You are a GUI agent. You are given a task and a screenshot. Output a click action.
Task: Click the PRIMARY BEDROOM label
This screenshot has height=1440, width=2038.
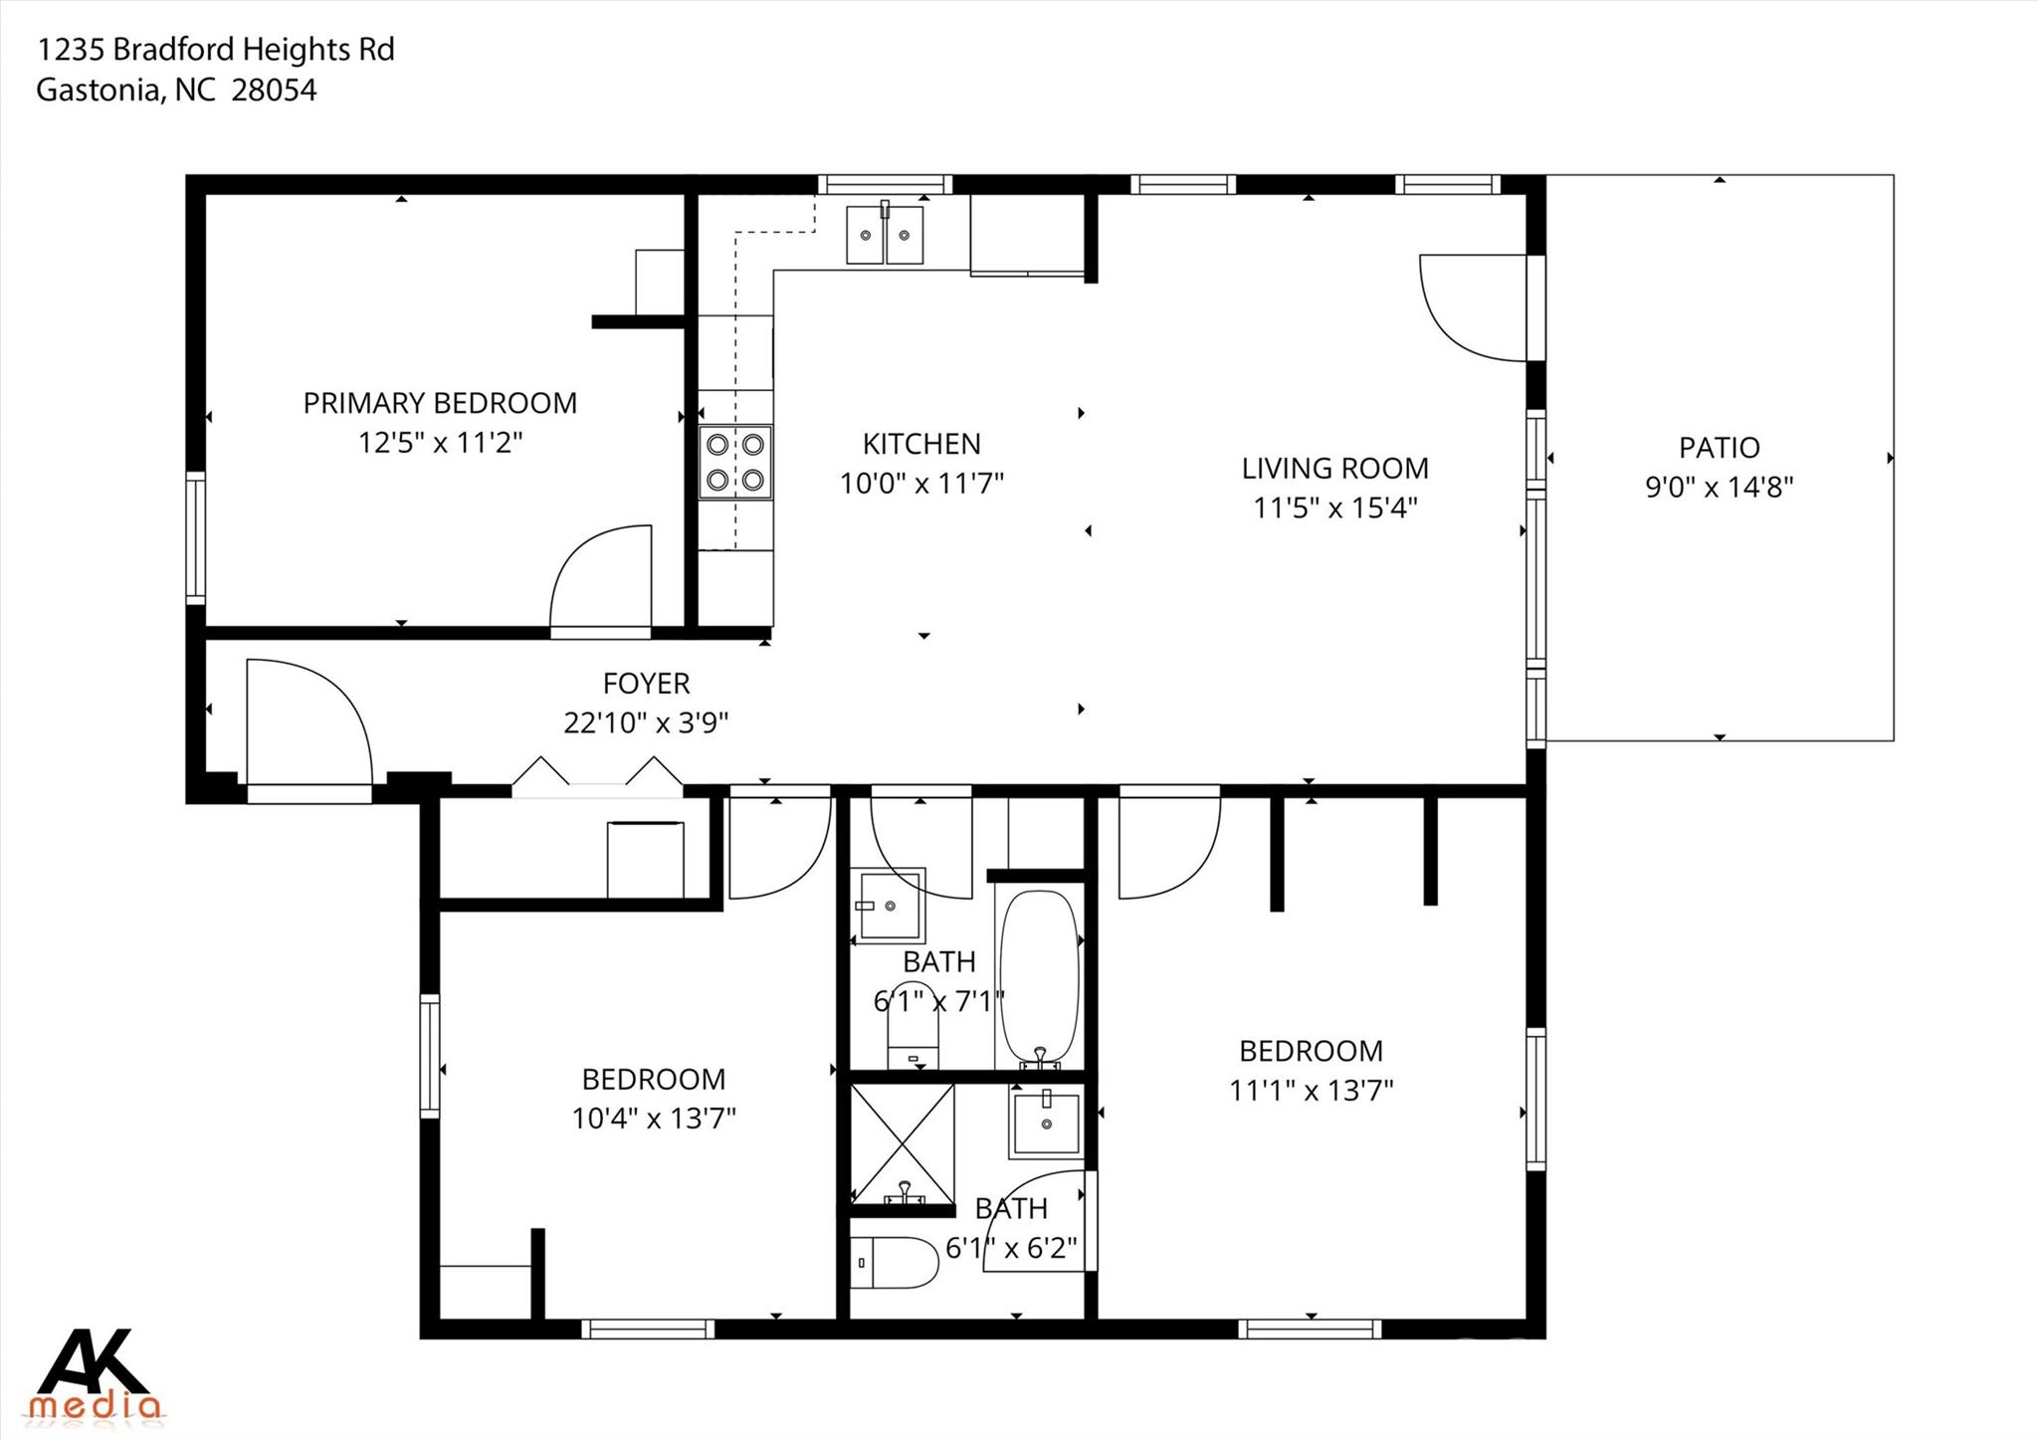pyautogui.click(x=440, y=403)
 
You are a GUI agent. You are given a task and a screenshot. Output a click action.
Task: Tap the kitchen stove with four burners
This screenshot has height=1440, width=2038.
pyautogui.click(x=735, y=462)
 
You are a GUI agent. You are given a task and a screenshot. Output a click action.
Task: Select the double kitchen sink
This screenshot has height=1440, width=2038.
pyautogui.click(x=885, y=235)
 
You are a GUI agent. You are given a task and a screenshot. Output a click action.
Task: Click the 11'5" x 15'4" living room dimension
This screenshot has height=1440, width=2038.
pyautogui.click(x=1334, y=508)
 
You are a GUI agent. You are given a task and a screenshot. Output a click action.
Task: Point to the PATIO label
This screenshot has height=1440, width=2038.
pyautogui.click(x=1719, y=448)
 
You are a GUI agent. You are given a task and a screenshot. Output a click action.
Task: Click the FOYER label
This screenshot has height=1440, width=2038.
pyautogui.click(x=646, y=684)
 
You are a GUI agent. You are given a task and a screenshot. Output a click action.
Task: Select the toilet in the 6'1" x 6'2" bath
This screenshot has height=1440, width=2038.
pyautogui.click(x=894, y=1263)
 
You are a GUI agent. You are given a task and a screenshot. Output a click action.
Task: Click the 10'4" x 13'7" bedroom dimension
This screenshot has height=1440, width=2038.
pyautogui.click(x=654, y=1119)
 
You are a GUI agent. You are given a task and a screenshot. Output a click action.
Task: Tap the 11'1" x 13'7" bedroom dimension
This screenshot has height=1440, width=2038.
pyautogui.click(x=1311, y=1091)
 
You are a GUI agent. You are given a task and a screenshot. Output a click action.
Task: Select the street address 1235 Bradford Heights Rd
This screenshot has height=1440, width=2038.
pyautogui.click(x=216, y=49)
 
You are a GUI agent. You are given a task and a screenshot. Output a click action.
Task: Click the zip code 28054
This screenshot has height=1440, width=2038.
pyautogui.click(x=274, y=91)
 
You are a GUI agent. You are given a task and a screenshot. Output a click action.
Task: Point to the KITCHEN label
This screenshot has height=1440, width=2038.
pyautogui.click(x=921, y=444)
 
